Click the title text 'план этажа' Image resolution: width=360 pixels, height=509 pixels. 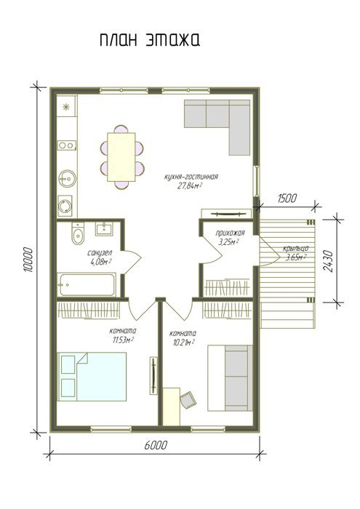(150, 41)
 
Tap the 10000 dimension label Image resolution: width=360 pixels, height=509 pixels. (28, 260)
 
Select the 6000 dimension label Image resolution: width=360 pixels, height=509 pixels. (156, 445)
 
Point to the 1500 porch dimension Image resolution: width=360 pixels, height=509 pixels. (287, 198)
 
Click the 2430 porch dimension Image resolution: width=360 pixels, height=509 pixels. (328, 261)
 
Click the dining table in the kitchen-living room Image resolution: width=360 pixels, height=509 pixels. (121, 157)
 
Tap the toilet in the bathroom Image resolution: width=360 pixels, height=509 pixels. (78, 233)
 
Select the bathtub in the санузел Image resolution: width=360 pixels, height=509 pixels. (87, 285)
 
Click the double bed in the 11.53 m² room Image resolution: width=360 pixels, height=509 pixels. (92, 377)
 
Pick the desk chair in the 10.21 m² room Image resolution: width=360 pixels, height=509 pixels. (188, 400)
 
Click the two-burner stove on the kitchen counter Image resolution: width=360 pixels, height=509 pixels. (67, 145)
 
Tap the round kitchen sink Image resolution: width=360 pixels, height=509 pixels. (68, 179)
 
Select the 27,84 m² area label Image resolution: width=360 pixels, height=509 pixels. (190, 185)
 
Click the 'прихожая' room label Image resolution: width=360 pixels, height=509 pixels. (230, 233)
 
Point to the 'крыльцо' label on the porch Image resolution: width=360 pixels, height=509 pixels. (295, 249)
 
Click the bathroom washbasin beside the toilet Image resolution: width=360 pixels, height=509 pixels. (104, 229)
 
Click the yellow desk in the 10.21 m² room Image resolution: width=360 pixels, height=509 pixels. (172, 406)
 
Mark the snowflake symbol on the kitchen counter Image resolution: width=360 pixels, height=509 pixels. (66, 107)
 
